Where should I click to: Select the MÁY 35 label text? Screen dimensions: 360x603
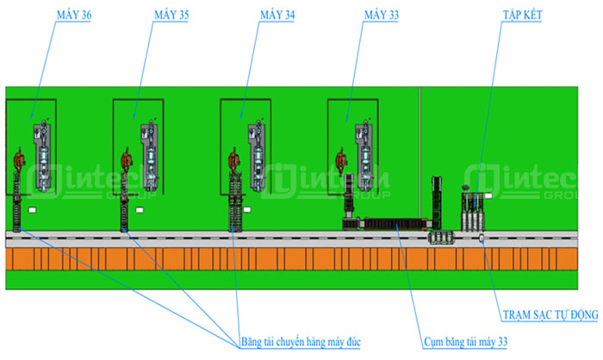click(171, 16)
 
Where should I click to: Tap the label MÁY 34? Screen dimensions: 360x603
click(277, 16)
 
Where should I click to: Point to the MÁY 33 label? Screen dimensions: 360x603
click(382, 16)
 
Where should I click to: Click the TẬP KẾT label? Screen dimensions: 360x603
click(523, 16)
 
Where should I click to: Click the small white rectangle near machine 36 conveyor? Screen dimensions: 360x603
click(33, 209)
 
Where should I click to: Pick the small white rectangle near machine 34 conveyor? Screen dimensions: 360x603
click(248, 209)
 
